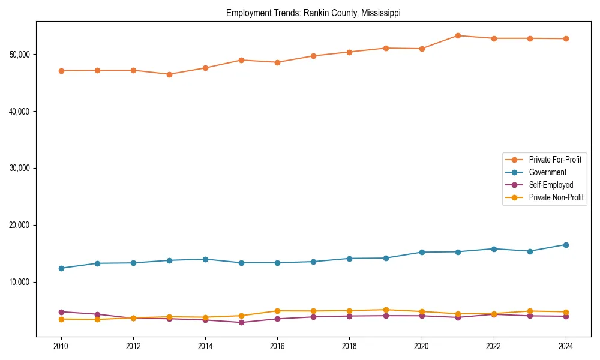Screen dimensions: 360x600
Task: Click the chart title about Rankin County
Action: click(313, 13)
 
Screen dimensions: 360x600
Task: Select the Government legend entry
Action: click(547, 172)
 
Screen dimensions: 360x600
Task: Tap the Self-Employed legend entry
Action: click(551, 185)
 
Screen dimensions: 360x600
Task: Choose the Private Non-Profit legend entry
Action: click(556, 197)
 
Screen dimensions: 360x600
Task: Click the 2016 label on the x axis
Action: click(277, 346)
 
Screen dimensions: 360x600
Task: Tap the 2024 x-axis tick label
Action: click(566, 346)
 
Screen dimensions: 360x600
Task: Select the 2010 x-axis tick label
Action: click(61, 346)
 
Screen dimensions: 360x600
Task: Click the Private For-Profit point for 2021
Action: click(458, 35)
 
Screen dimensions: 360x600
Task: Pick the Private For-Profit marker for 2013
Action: click(169, 74)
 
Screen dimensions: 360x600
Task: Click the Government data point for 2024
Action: click(566, 245)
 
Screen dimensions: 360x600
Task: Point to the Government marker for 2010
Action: click(61, 268)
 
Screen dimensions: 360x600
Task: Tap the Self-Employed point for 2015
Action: click(241, 323)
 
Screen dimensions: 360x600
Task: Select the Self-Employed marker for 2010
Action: click(61, 312)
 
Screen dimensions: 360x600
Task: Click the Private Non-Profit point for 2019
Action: click(386, 310)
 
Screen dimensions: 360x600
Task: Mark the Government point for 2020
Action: click(422, 252)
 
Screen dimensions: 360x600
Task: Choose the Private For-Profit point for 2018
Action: click(350, 52)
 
